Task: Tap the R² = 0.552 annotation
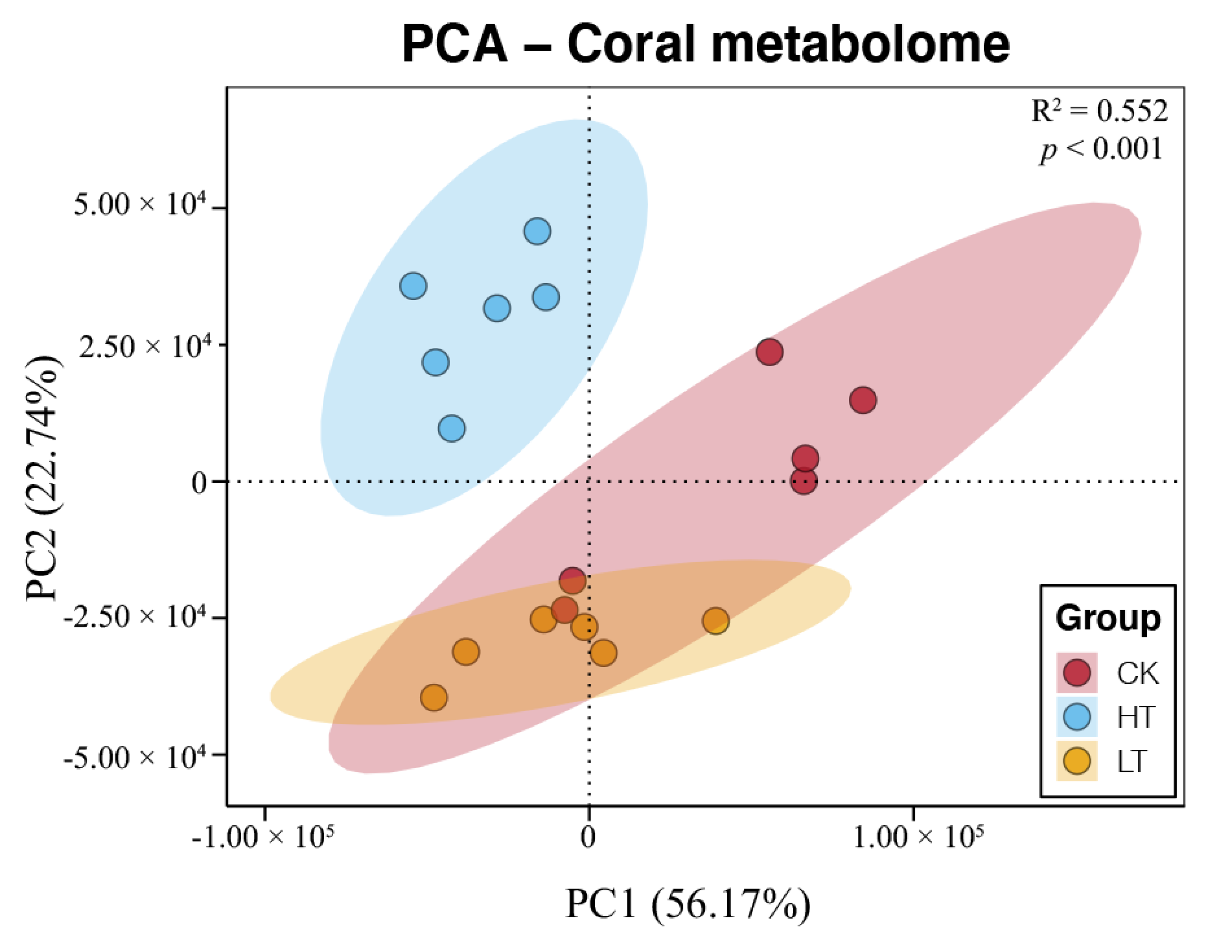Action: click(x=1099, y=111)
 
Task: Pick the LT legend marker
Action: click(x=1077, y=761)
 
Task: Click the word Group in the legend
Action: click(x=1108, y=619)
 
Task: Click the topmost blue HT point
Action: click(x=537, y=231)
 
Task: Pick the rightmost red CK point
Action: click(x=863, y=400)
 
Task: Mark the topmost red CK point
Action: click(x=769, y=352)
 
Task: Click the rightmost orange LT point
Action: click(x=716, y=621)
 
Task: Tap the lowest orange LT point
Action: click(x=434, y=698)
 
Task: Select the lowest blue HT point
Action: click(x=452, y=428)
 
